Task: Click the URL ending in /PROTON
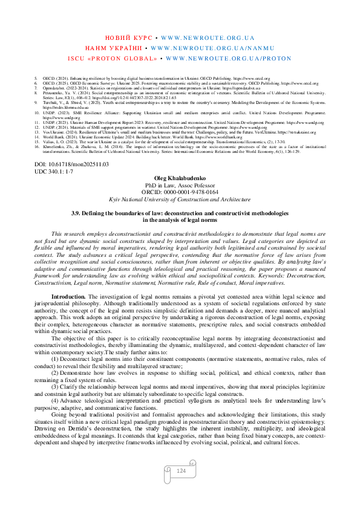[228, 59]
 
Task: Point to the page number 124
[180, 470]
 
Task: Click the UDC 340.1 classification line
[54, 172]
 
